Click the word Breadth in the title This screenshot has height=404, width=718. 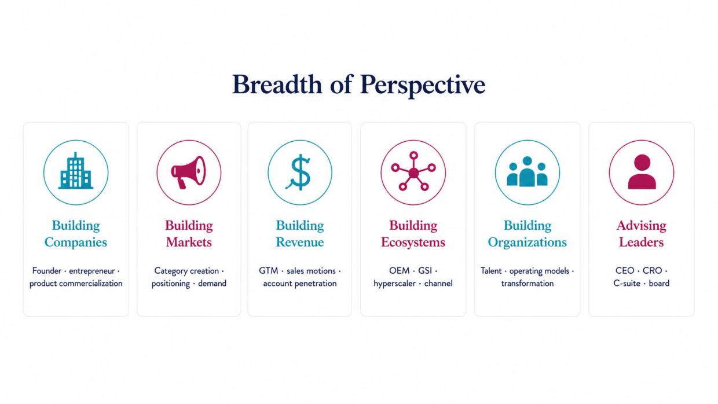[x=277, y=85]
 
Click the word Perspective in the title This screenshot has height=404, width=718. [x=423, y=86]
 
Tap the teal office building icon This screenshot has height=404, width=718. [x=76, y=171]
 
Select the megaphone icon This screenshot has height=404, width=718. [x=188, y=172]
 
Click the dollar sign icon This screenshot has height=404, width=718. [x=299, y=172]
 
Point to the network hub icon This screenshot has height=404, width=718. [x=413, y=171]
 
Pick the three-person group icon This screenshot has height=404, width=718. [x=527, y=171]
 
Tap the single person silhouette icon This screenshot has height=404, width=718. [x=642, y=172]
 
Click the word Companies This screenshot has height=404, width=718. [x=76, y=243]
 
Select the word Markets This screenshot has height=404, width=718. [x=189, y=242]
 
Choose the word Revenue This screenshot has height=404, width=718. [x=300, y=242]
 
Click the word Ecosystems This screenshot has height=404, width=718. [x=413, y=243]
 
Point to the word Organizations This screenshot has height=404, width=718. [x=527, y=243]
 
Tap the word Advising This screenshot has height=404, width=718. [x=642, y=226]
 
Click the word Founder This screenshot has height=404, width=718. [x=47, y=271]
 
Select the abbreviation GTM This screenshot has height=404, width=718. [x=269, y=271]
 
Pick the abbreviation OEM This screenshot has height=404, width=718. [x=400, y=271]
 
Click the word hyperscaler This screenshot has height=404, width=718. [x=394, y=284]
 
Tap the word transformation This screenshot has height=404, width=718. [x=527, y=283]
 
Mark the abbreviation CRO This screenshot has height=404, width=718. [x=653, y=271]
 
